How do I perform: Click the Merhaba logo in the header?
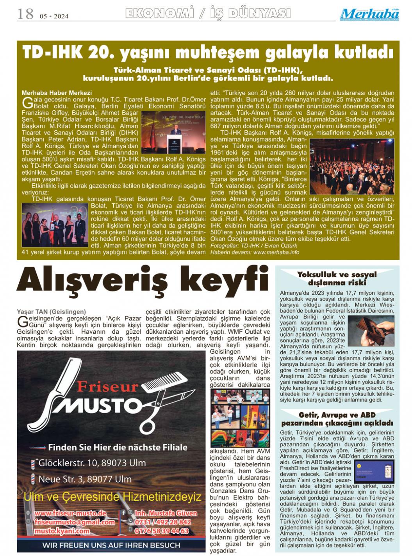coord(369,14)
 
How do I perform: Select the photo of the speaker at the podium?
coord(174,133)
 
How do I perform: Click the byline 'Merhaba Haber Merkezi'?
coord(57,93)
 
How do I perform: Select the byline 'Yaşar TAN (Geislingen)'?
coord(51,312)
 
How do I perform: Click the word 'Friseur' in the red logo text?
coord(107,386)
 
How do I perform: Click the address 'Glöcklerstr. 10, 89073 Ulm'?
coord(92,463)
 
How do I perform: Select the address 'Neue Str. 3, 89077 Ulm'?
coord(85,479)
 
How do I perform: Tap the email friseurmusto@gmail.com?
coord(75,522)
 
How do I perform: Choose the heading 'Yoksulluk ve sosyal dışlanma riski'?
coord(337,278)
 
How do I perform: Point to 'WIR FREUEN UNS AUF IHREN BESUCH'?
coord(111,545)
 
